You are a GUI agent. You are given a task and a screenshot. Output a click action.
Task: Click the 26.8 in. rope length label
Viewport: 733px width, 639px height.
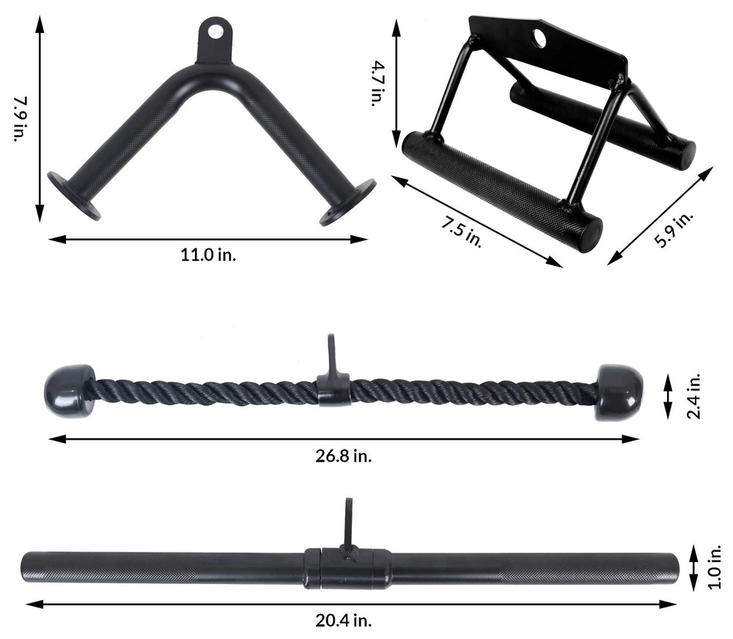tap(343, 456)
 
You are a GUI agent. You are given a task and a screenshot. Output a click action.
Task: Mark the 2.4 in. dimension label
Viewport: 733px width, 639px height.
tap(694, 395)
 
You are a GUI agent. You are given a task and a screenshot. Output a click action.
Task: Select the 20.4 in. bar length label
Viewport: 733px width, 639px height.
tap(343, 620)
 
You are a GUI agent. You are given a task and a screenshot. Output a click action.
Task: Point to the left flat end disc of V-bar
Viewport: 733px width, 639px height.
tap(73, 195)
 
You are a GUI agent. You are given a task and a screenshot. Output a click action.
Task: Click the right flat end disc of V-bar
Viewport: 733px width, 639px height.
tap(347, 202)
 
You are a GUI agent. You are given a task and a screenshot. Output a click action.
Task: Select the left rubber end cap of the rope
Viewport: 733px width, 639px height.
tap(70, 391)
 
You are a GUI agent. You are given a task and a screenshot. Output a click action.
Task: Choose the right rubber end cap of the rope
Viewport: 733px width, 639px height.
tap(619, 392)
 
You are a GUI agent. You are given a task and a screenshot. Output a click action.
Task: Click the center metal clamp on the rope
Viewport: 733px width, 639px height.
tap(334, 391)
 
